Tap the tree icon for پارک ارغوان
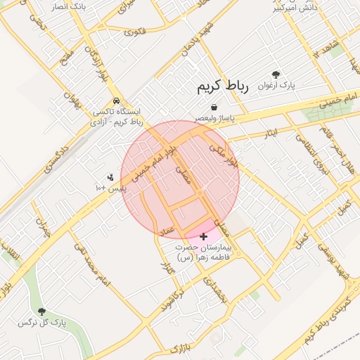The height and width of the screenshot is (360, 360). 276,75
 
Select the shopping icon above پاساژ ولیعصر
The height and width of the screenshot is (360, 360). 202,106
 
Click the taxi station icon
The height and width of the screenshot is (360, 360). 116,101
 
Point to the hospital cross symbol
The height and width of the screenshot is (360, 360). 205,236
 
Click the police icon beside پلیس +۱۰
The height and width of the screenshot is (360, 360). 110,178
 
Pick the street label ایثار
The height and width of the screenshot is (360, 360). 270,132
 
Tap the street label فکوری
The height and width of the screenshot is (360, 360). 134,32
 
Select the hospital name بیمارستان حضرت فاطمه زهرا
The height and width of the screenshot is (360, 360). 203,253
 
